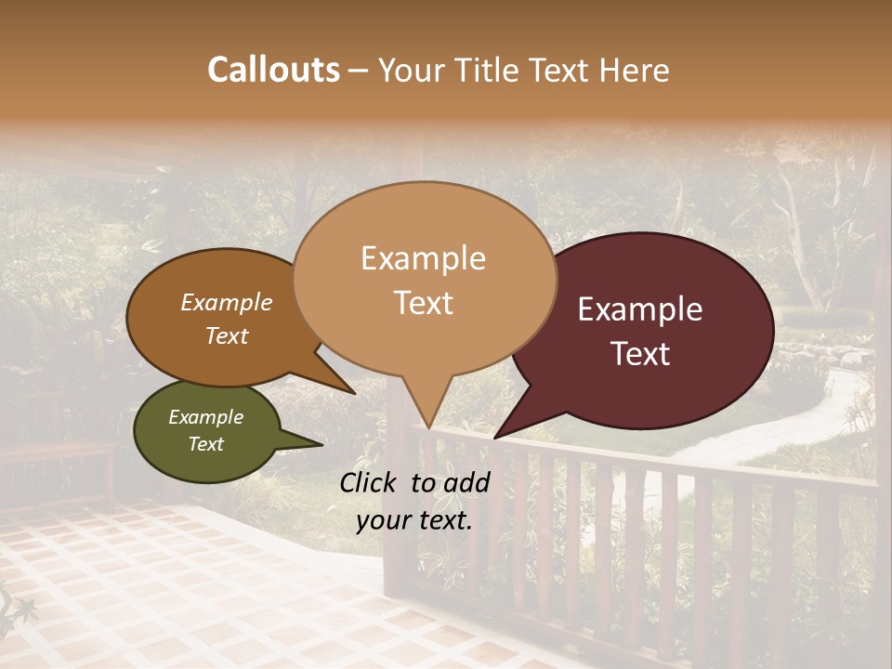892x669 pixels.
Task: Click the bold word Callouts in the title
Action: pyautogui.click(x=273, y=70)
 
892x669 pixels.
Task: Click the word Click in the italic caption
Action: pyautogui.click(x=371, y=482)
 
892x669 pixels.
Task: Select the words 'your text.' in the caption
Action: pyautogui.click(x=414, y=520)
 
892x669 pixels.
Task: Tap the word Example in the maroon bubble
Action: pyautogui.click(x=640, y=309)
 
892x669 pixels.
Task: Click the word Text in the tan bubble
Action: pyautogui.click(x=424, y=302)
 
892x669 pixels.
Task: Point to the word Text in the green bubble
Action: pyautogui.click(x=206, y=444)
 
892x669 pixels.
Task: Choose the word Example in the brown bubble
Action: pyautogui.click(x=227, y=302)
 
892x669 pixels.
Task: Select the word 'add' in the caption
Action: pyautogui.click(x=466, y=482)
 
